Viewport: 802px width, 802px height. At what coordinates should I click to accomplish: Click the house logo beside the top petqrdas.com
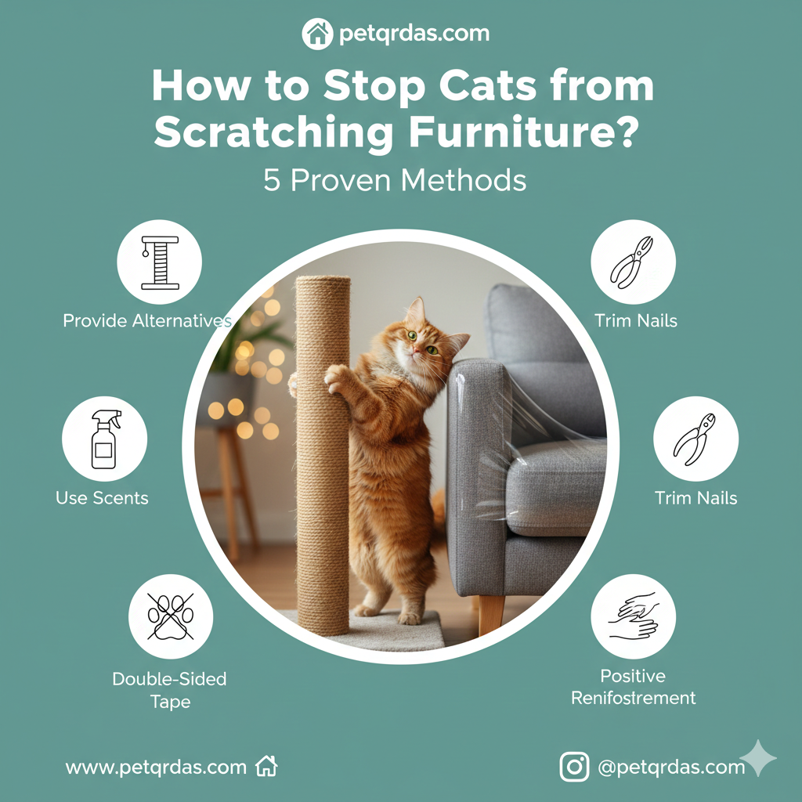(317, 34)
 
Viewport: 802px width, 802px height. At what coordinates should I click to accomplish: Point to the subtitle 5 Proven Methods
(395, 180)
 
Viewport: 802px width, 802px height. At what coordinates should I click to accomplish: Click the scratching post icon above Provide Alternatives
(159, 262)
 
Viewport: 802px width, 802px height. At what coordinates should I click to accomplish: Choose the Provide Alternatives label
(147, 320)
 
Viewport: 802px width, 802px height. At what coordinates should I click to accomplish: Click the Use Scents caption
(102, 498)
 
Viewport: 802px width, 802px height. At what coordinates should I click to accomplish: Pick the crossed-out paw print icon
(171, 616)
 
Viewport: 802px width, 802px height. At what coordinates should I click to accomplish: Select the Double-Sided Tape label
(169, 690)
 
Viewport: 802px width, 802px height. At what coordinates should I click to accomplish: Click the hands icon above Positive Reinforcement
(633, 616)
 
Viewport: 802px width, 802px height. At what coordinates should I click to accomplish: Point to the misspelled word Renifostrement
(633, 698)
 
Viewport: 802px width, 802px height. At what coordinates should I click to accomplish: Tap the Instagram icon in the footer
(574, 767)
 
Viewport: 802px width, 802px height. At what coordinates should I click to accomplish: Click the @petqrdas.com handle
(671, 768)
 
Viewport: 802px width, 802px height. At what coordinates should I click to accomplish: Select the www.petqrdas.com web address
(156, 768)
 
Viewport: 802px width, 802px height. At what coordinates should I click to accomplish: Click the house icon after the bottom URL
(267, 767)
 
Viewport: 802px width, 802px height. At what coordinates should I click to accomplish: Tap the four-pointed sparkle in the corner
(758, 757)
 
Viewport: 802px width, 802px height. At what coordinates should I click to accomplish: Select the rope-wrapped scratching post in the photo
(323, 454)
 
